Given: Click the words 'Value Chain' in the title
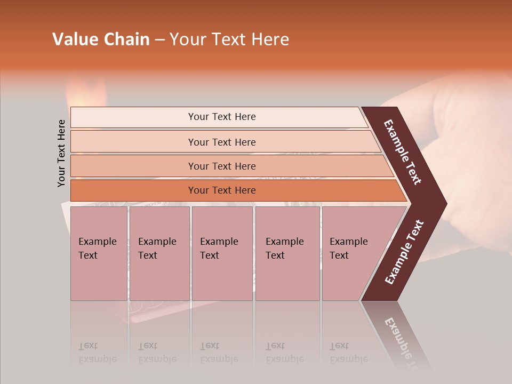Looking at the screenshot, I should click(x=101, y=39).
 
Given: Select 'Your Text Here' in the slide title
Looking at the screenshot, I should click(x=229, y=39).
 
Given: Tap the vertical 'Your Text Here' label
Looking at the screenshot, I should click(x=61, y=153).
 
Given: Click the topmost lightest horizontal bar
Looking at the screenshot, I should click(x=221, y=117).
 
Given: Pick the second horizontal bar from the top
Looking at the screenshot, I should click(x=221, y=142).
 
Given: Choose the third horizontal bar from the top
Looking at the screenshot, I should click(x=221, y=166).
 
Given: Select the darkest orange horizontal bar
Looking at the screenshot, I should click(x=221, y=190).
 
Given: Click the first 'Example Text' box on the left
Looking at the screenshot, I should click(x=99, y=253).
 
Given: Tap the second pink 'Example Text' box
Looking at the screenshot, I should click(x=159, y=253).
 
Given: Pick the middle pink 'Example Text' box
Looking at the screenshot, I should click(x=222, y=253).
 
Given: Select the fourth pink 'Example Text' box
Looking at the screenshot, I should click(x=287, y=253).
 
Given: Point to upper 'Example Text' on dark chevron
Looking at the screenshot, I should click(x=403, y=152).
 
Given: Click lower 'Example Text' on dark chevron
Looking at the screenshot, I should click(x=404, y=252).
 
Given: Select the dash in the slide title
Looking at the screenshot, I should click(x=159, y=40).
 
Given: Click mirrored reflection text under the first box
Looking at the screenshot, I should click(x=97, y=353).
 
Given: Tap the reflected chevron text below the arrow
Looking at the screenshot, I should click(x=403, y=336).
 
